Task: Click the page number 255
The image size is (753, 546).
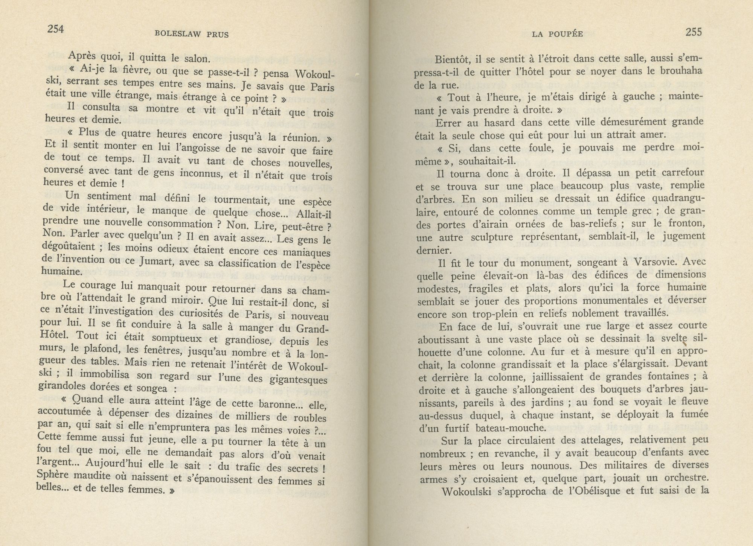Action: pyautogui.click(x=694, y=32)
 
